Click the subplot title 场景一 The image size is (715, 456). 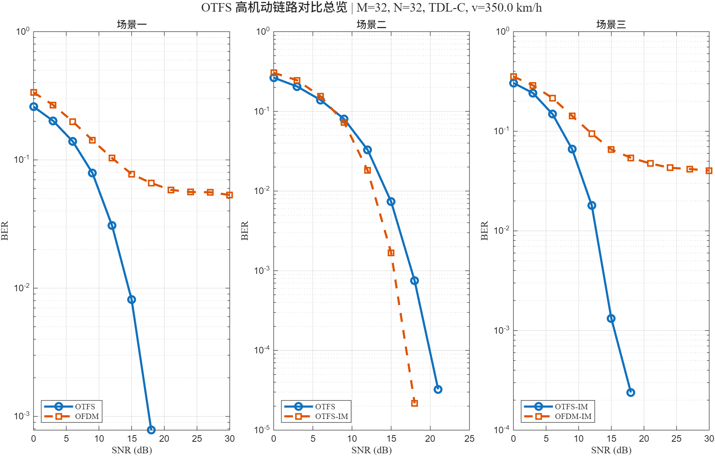(x=132, y=24)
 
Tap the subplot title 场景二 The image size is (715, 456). (x=372, y=24)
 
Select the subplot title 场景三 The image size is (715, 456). (x=611, y=24)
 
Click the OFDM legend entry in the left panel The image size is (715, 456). (x=87, y=417)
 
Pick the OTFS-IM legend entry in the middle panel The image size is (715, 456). (x=331, y=417)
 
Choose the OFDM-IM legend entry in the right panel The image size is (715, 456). (x=573, y=417)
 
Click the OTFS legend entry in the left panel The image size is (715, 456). (x=85, y=407)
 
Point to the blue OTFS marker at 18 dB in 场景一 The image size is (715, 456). (x=151, y=430)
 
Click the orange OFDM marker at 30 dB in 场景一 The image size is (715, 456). (x=229, y=195)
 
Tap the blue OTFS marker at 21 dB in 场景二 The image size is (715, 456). (x=438, y=390)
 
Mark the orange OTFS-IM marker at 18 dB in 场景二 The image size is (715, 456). (x=414, y=403)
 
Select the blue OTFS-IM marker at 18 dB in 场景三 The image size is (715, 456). (x=631, y=392)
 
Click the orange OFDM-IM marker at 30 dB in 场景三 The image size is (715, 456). (x=709, y=171)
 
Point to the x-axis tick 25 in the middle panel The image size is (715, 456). (x=469, y=439)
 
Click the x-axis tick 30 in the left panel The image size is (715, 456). (x=230, y=439)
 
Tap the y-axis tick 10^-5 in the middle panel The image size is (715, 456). (x=262, y=429)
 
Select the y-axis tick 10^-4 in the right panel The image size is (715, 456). (x=501, y=429)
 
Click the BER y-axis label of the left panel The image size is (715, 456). (x=5, y=231)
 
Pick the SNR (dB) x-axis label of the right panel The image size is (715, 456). (x=611, y=450)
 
